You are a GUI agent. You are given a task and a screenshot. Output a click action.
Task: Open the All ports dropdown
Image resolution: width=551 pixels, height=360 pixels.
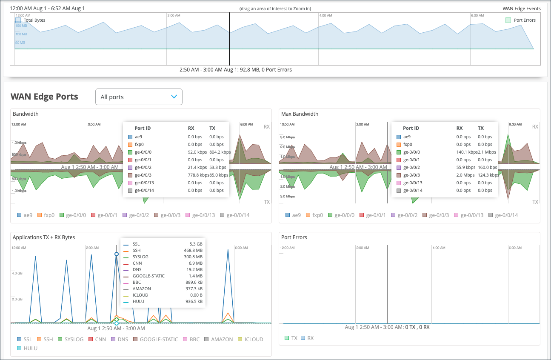139,97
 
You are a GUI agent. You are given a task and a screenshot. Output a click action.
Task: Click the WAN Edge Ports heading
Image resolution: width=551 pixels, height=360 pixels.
44,97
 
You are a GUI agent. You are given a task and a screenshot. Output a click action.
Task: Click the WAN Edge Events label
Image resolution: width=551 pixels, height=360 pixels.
521,9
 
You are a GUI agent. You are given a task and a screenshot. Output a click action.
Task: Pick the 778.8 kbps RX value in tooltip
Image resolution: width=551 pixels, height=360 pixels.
197,175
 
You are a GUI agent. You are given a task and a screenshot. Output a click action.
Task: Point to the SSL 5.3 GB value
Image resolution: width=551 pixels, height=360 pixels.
196,244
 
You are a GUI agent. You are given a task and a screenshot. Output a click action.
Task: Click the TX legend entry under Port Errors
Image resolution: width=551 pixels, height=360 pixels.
291,338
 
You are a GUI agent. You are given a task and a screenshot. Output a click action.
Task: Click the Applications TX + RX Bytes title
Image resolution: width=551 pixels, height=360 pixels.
44,237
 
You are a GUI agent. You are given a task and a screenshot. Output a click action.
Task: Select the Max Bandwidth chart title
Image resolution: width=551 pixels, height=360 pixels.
300,114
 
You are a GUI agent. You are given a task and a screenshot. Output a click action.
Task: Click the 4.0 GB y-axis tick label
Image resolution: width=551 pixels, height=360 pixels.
17,273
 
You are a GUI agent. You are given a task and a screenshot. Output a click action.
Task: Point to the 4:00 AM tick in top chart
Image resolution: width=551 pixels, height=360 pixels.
325,15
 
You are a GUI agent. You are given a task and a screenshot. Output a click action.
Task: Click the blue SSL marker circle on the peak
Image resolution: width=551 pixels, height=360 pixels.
117,254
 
